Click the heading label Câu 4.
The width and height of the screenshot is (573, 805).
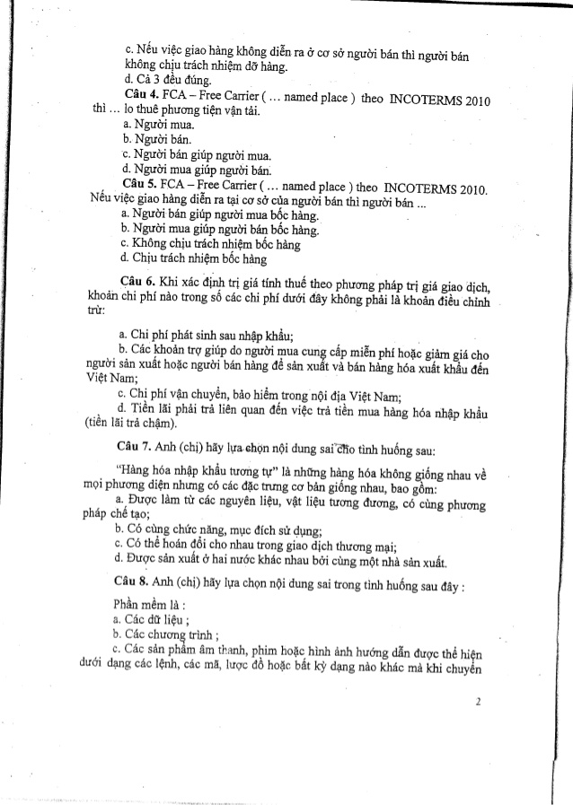click(143, 94)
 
